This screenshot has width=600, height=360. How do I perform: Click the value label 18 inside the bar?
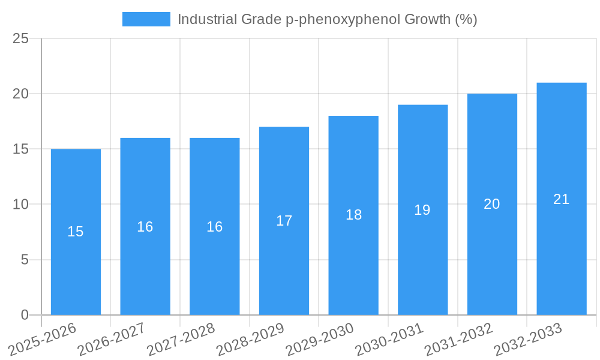(x=353, y=215)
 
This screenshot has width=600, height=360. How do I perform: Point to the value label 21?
(x=561, y=199)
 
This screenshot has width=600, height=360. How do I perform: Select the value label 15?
(x=76, y=232)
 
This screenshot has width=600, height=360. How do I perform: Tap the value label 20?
(x=491, y=204)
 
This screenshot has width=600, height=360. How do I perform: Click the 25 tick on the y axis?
(x=20, y=38)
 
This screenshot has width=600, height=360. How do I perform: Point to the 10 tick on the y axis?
(x=20, y=205)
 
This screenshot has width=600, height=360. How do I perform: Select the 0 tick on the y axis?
(x=25, y=315)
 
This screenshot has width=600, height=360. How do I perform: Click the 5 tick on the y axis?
(x=25, y=260)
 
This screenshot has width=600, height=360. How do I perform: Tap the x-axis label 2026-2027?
(x=112, y=339)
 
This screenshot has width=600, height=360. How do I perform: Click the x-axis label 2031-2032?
(x=458, y=339)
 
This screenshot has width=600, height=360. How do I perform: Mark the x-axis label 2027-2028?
(x=181, y=339)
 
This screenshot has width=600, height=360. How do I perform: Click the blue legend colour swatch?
(x=146, y=19)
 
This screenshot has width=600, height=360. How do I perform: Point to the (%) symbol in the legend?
(x=466, y=19)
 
